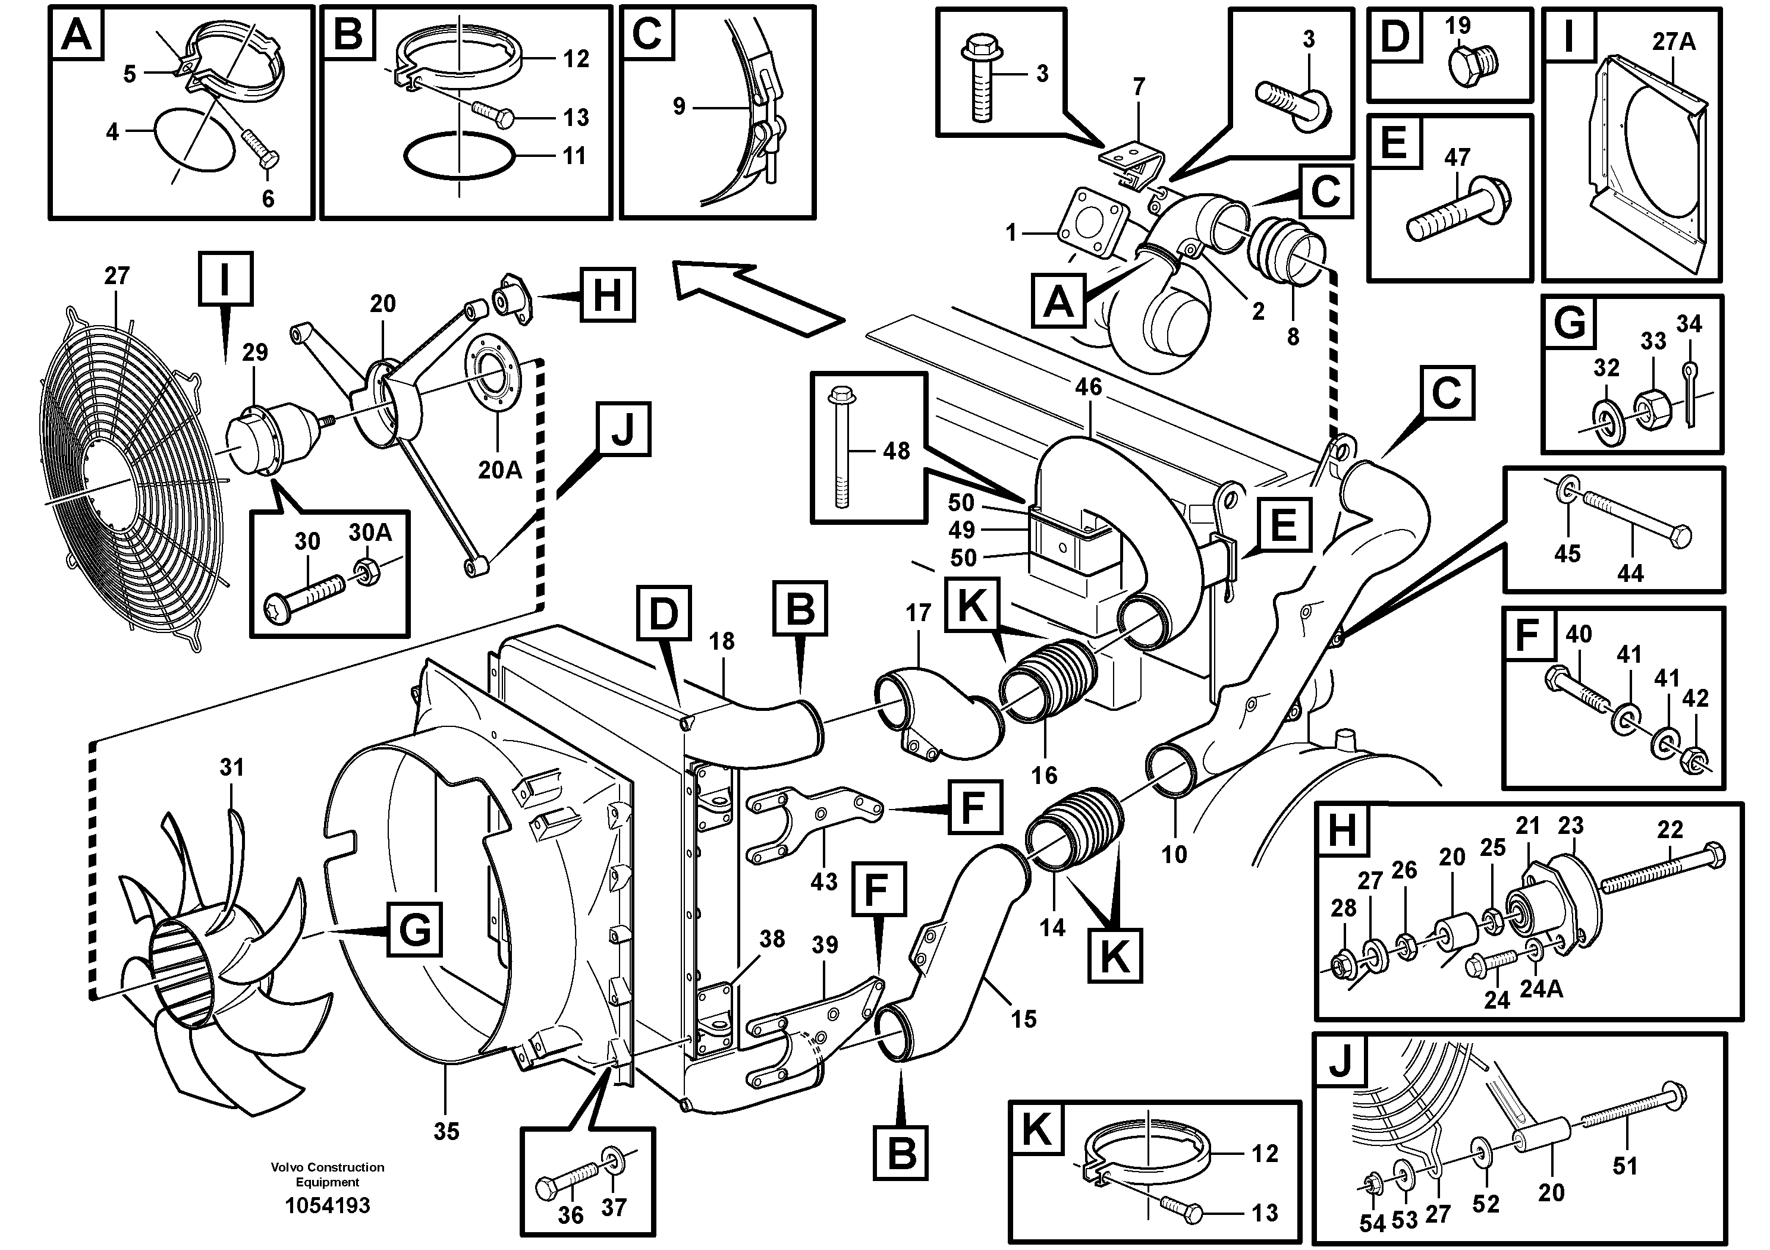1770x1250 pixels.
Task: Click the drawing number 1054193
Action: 327,1205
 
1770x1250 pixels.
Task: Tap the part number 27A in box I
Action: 1673,41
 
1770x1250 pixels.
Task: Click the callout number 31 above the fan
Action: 231,767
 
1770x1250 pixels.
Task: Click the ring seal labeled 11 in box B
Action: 458,156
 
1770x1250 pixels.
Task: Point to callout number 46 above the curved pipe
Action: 1088,387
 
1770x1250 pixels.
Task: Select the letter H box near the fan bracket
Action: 608,295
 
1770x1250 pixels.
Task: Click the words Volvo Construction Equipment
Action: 327,1174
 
